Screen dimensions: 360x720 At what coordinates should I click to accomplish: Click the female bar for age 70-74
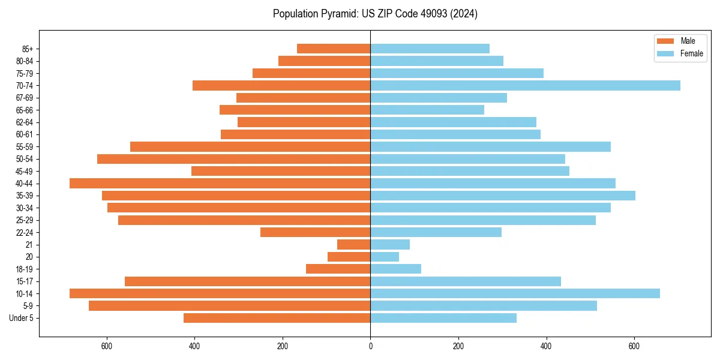coord(525,85)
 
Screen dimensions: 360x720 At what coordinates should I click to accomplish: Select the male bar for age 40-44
coord(220,183)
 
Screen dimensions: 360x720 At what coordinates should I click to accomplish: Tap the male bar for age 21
coord(354,244)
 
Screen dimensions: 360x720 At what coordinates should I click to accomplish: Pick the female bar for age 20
coord(385,257)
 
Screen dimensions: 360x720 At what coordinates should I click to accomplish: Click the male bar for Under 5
coord(277,318)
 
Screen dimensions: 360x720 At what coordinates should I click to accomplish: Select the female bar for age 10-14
coord(515,293)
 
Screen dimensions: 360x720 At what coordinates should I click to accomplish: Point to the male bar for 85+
coord(334,49)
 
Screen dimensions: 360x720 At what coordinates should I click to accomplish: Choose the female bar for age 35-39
coord(503,196)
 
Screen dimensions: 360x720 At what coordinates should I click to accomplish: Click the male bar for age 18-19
coord(338,269)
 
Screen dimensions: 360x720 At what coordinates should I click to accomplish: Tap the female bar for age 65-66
coord(427,110)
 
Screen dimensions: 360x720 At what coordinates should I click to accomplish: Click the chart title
coord(375,14)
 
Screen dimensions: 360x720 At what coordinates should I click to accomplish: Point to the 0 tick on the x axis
coord(370,346)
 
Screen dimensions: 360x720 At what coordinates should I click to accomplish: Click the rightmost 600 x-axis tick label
coord(634,346)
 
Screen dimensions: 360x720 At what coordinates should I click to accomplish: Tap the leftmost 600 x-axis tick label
coord(107,346)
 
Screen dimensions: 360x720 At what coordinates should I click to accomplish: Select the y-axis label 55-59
coord(25,146)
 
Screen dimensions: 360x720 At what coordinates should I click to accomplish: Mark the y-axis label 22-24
coord(25,232)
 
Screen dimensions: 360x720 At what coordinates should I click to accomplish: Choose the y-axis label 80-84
coord(25,61)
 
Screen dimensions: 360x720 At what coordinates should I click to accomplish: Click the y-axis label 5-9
coord(28,305)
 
